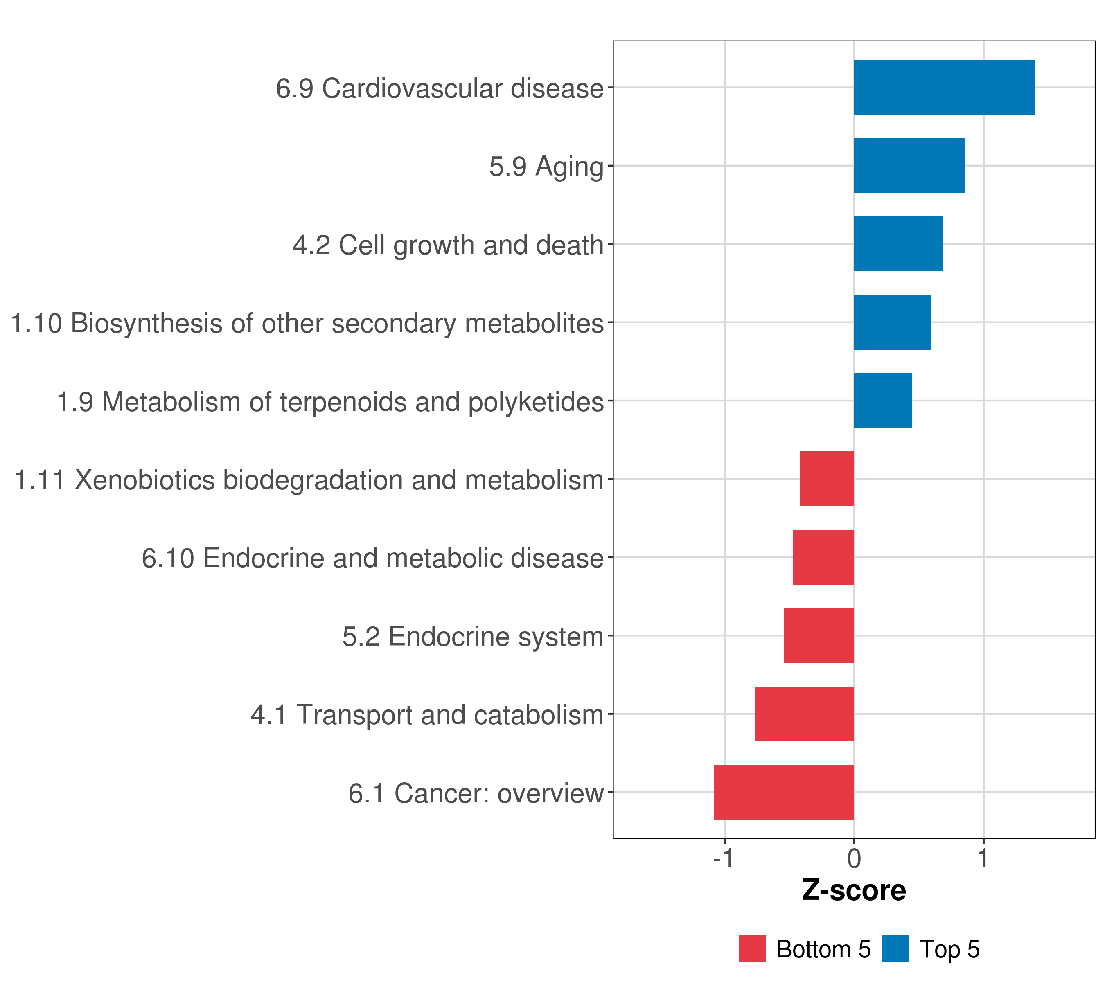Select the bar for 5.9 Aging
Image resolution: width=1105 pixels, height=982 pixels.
[x=909, y=166]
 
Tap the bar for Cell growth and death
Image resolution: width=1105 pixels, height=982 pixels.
[x=898, y=244]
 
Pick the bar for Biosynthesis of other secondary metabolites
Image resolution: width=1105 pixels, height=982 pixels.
[x=892, y=323]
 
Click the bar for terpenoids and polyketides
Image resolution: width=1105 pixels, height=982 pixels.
[x=883, y=401]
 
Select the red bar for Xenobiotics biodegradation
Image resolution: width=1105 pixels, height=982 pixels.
[x=827, y=479]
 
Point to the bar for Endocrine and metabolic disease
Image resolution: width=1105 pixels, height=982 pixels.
[x=823, y=557]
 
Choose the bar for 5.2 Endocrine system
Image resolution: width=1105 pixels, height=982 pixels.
[x=819, y=635]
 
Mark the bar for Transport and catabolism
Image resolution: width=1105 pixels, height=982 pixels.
[x=805, y=714]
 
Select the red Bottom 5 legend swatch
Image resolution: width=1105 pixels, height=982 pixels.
[x=752, y=949]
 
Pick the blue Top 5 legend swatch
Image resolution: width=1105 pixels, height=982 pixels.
[x=895, y=949]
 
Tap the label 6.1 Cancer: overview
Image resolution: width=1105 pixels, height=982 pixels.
[x=476, y=793]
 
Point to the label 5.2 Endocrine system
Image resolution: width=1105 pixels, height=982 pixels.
[x=473, y=637]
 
